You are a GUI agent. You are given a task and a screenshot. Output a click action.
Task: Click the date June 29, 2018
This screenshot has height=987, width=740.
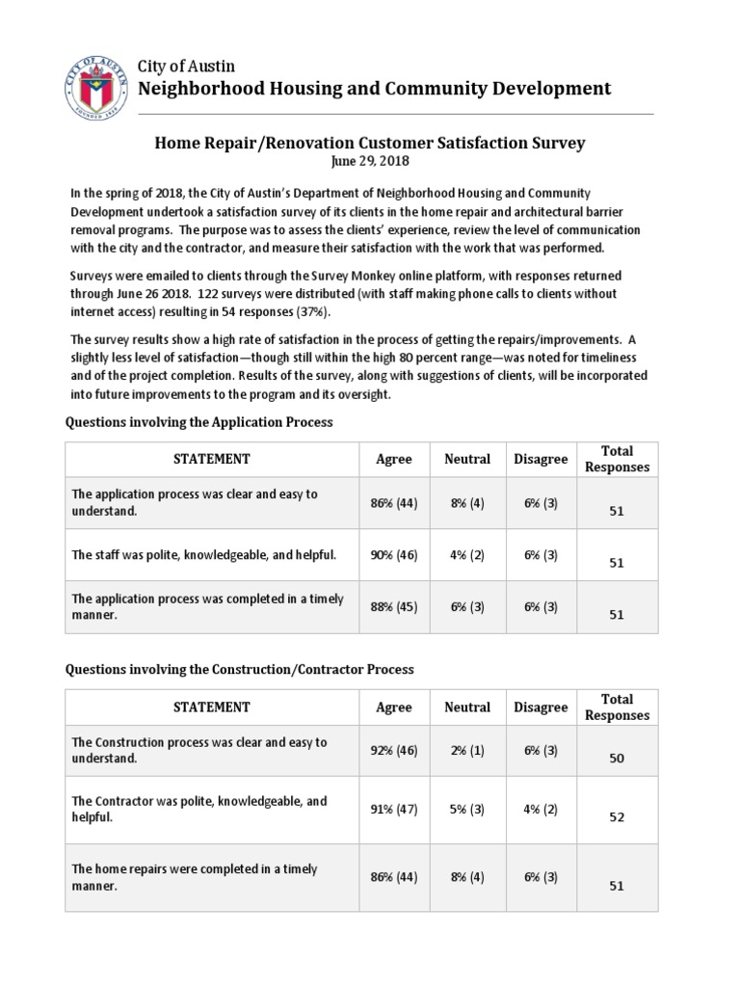(370, 160)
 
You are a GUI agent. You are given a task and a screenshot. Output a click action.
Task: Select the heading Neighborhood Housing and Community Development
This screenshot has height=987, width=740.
(375, 89)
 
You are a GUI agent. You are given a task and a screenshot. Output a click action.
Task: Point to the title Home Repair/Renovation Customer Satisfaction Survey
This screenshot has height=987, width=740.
(370, 143)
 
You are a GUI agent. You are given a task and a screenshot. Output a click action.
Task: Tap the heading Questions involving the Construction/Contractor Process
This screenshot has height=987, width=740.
(239, 669)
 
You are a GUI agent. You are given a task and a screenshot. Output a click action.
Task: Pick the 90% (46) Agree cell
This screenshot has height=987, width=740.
(393, 555)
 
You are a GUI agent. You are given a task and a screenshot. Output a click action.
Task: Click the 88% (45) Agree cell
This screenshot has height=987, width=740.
(393, 606)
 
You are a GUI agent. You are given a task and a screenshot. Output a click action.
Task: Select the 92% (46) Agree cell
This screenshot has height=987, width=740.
(393, 751)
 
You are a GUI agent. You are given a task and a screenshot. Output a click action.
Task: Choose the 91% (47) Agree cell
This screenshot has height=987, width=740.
(393, 809)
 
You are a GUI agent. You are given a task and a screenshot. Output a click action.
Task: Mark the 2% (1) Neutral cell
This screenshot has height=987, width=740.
(467, 751)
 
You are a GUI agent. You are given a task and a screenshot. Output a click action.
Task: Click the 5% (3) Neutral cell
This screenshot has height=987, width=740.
(467, 809)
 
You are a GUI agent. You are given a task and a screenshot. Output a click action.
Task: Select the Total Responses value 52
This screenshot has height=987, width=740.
(617, 817)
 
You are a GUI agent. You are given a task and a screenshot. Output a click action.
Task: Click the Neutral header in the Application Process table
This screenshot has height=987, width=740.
(467, 460)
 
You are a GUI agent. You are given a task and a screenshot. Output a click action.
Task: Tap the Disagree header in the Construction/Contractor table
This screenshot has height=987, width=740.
(541, 707)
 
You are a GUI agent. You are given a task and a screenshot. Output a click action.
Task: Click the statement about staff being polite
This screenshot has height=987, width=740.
(204, 555)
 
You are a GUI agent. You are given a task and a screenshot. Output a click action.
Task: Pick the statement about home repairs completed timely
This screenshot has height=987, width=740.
(195, 877)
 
